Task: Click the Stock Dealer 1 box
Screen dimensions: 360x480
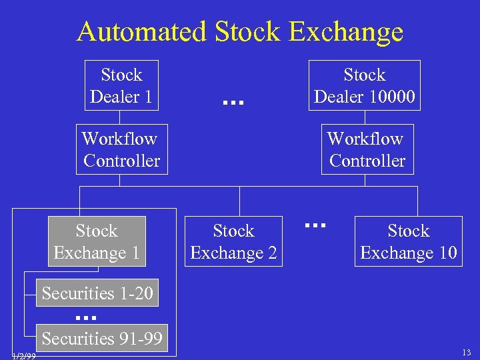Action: tap(121, 86)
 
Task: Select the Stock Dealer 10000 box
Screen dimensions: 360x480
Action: tap(364, 86)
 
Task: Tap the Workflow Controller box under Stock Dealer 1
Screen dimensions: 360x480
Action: tap(121, 149)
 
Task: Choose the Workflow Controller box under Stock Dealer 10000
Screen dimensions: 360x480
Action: tap(367, 149)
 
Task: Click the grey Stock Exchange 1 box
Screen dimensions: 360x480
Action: tap(97, 241)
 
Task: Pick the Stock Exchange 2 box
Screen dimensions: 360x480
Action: tap(233, 242)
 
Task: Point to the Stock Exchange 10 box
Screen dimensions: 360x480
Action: tap(408, 242)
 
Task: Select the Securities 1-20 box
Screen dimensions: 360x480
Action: tap(97, 293)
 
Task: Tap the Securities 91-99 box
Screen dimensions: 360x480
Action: tap(101, 338)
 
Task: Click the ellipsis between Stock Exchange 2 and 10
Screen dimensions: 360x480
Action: tap(314, 226)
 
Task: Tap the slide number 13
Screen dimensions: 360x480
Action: tap(466, 352)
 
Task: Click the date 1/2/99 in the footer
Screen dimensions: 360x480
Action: tap(24, 356)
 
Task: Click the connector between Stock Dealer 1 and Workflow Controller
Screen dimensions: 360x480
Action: tap(120, 117)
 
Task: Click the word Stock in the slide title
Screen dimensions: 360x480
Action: tap(247, 31)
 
